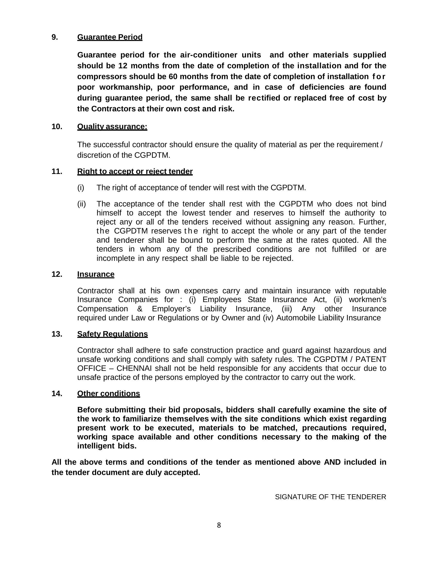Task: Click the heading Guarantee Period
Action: (x=110, y=37)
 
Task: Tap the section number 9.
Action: (x=54, y=37)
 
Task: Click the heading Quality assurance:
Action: (x=112, y=127)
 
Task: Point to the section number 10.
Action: (x=57, y=127)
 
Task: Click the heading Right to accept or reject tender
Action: (x=135, y=172)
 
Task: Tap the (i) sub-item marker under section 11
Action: (x=81, y=188)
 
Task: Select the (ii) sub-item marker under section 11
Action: (x=81, y=204)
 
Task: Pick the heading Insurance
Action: (x=96, y=274)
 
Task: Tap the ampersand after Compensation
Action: (x=140, y=309)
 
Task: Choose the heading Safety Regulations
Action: (x=112, y=334)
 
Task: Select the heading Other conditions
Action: (x=108, y=394)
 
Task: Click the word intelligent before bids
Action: (x=96, y=446)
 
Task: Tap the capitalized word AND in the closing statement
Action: (x=332, y=462)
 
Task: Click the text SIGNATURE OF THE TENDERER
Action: (x=330, y=497)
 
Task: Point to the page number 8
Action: (x=219, y=526)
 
